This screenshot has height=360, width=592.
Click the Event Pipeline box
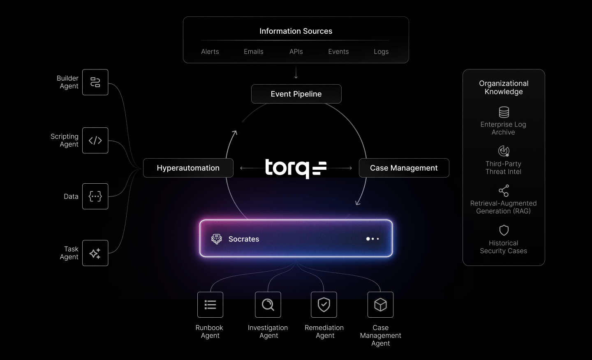click(296, 94)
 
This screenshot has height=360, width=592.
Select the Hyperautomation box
click(188, 168)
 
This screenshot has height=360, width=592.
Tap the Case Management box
click(404, 168)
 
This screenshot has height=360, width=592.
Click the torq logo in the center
click(296, 168)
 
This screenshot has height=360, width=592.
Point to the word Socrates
click(244, 239)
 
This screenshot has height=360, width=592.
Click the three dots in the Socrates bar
click(372, 239)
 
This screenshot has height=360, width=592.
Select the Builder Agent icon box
click(95, 82)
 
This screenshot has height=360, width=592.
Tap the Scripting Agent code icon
click(95, 141)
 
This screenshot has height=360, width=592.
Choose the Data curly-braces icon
click(95, 196)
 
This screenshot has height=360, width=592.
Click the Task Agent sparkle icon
click(95, 253)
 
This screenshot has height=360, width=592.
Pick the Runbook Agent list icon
click(210, 305)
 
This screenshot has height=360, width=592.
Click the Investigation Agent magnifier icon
click(268, 305)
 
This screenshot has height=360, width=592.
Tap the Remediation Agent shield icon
click(324, 305)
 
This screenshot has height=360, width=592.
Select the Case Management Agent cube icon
click(380, 305)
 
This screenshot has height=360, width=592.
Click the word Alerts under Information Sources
click(210, 52)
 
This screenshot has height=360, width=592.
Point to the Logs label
click(381, 52)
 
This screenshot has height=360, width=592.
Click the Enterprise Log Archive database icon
click(504, 112)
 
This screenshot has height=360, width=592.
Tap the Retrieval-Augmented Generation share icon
click(504, 191)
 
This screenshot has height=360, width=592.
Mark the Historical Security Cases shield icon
click(504, 230)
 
